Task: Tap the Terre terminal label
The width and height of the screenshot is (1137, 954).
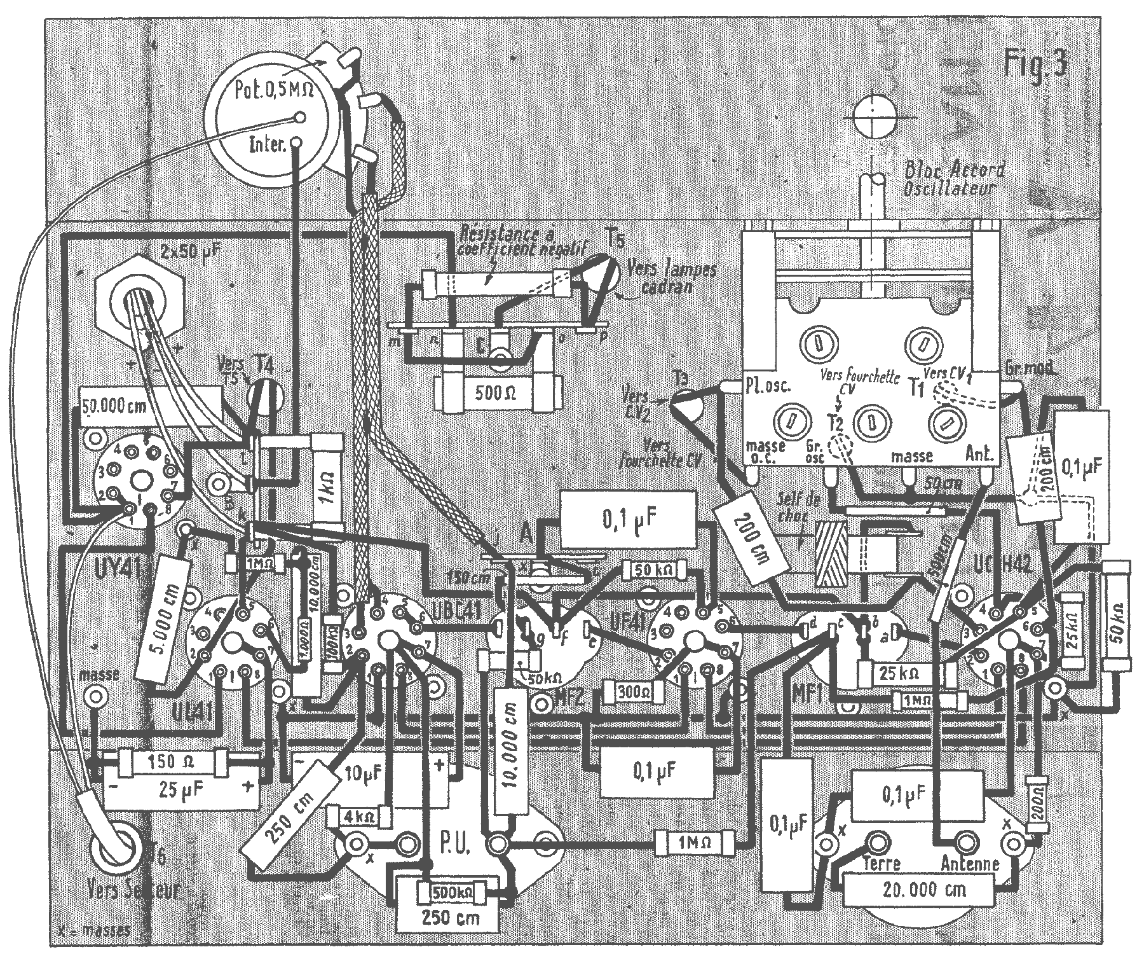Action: [882, 864]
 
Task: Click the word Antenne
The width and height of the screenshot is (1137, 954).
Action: [969, 863]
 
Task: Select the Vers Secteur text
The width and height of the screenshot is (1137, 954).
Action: [137, 889]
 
